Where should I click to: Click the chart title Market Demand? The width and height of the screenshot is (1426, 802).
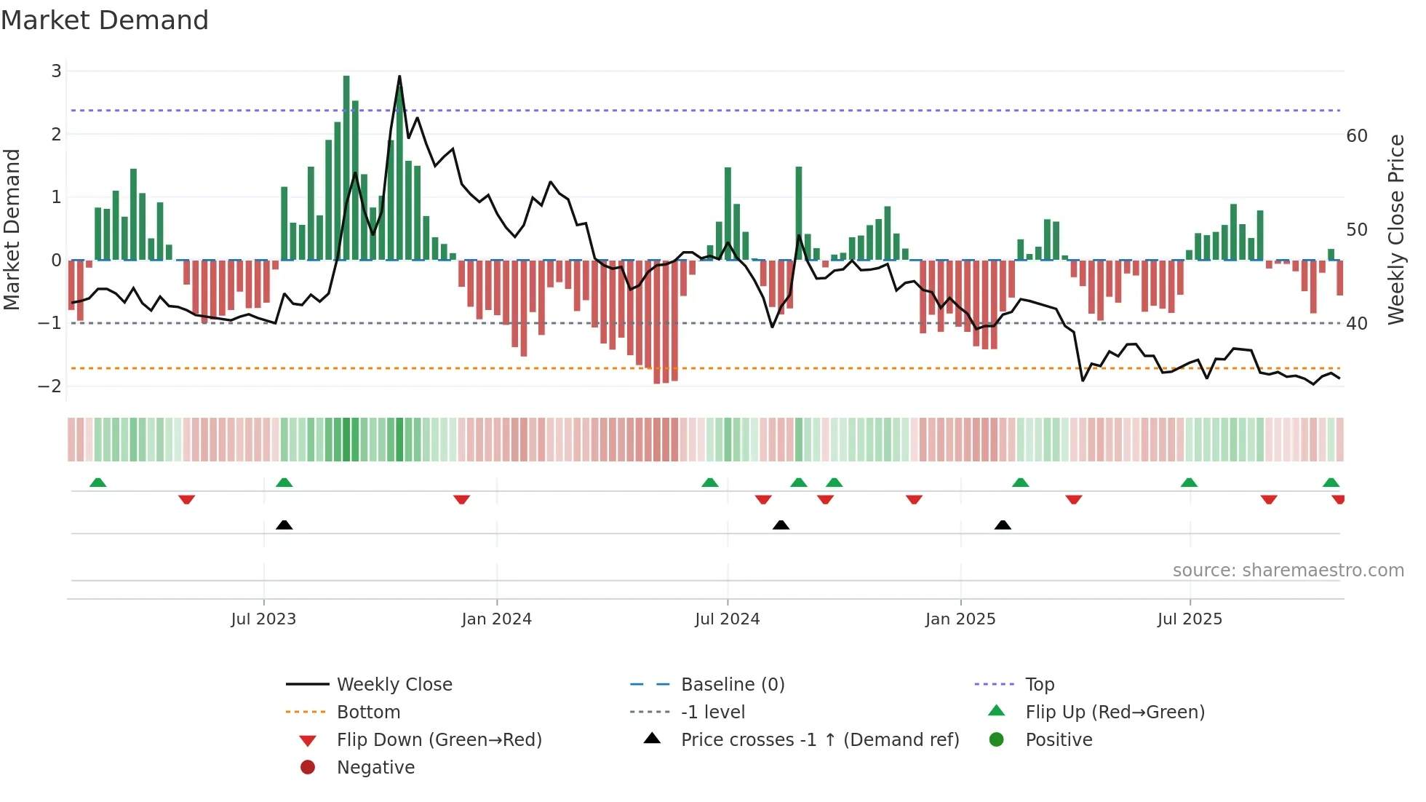[105, 20]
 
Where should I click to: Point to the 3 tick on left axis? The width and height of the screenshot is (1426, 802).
[56, 71]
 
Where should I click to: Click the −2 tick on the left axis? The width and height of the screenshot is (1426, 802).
[50, 386]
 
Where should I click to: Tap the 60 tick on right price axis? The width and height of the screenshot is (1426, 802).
[1357, 136]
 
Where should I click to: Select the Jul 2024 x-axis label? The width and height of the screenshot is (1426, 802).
[727, 619]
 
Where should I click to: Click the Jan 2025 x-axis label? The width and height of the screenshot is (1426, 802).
[960, 619]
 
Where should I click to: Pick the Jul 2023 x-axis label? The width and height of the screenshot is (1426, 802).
[263, 619]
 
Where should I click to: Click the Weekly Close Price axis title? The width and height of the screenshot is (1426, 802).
[1395, 229]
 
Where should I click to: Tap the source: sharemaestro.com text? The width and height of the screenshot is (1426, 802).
[1288, 571]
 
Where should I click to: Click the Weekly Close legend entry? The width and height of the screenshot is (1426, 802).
[394, 685]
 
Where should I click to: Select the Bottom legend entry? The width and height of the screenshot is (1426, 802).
[368, 712]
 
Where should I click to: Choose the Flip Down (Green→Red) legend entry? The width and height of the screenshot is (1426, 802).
[439, 740]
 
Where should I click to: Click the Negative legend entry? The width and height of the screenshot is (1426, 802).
[375, 768]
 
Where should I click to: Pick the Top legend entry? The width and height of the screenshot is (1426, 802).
[1039, 685]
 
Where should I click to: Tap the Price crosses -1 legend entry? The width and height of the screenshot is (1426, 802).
[819, 740]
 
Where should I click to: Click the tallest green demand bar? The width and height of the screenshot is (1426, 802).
[346, 167]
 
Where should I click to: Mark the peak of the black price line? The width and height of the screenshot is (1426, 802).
[399, 76]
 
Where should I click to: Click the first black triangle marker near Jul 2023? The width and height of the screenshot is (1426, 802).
[284, 525]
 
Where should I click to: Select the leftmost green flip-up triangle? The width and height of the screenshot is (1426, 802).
[97, 483]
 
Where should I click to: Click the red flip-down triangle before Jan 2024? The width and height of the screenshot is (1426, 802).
[461, 499]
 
